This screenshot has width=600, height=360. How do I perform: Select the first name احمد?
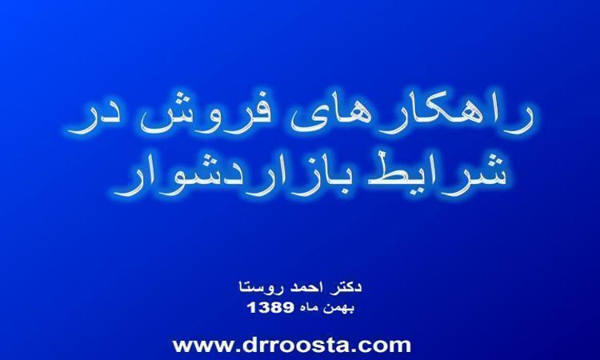pos(306,287)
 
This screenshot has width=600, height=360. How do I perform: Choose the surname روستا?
pos(260,287)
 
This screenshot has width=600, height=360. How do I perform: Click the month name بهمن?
pos(340,308)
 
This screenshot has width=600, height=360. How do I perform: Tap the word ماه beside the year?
pos(310,308)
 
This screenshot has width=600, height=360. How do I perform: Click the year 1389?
pos(271,307)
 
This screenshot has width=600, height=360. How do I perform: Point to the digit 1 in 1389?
pos(252,307)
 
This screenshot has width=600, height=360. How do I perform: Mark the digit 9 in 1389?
pos(289,307)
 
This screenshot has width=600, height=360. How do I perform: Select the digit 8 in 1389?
pos(277,307)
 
